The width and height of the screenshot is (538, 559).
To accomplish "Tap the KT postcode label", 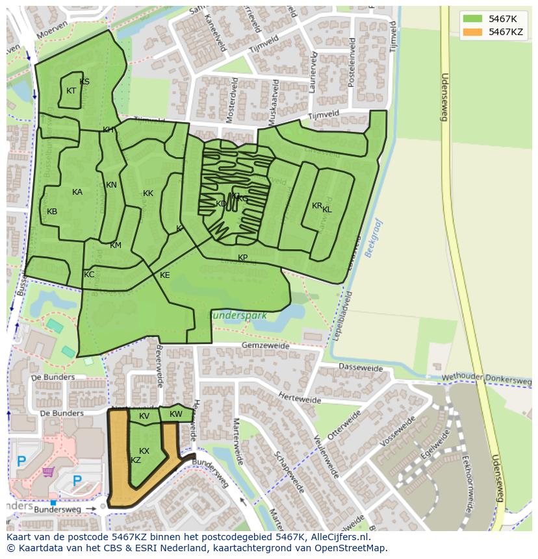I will (x=71, y=91).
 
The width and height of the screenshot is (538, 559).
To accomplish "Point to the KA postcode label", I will (x=77, y=192).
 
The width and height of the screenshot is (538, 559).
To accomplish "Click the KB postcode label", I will (x=52, y=212).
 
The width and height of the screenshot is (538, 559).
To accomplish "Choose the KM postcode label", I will (x=116, y=245).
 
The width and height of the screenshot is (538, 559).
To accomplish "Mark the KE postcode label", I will (x=165, y=275).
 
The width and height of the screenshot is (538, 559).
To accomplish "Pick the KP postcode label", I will (x=243, y=258).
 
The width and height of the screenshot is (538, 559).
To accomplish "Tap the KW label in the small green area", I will (x=176, y=414).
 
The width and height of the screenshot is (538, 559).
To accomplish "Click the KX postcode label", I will (x=144, y=451).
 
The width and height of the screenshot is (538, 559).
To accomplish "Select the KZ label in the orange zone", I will (x=136, y=460).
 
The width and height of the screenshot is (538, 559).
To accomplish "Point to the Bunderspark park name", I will (x=237, y=315).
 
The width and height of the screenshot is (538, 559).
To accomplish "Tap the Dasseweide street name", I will (x=361, y=367).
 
